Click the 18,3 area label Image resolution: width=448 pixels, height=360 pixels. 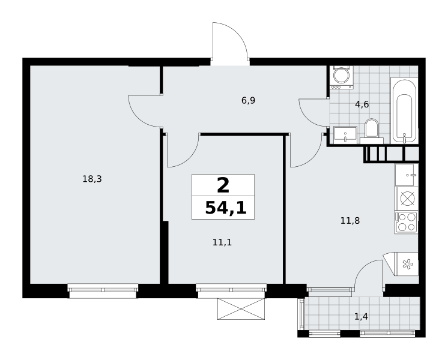tap(92, 179)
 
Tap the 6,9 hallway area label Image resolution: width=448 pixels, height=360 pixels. tap(248, 100)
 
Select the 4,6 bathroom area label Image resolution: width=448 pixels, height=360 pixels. tap(362, 104)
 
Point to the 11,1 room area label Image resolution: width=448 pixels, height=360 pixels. tap(222, 242)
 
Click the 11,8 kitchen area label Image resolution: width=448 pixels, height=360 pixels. tap(350, 221)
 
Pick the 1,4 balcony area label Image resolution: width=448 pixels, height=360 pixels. tap(361, 316)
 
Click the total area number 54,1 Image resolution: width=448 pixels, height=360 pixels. tap(226, 208)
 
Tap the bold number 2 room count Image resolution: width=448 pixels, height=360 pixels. tap(223, 185)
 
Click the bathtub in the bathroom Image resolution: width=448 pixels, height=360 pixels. tap(404, 110)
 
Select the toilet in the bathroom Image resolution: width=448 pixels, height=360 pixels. tap(372, 131)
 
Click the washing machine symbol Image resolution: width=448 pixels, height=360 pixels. tap(342, 77)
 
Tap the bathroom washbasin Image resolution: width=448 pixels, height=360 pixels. tap(345, 135)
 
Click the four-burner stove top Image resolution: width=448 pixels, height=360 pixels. tap(406, 223)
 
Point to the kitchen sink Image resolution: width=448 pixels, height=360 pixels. tap(407, 175)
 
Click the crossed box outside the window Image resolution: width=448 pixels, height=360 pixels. tap(241, 309)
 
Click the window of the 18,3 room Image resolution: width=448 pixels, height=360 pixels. tap(103, 290)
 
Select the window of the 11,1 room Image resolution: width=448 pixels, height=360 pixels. tap(231, 290)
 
